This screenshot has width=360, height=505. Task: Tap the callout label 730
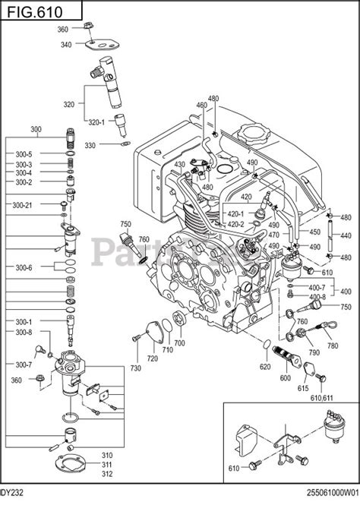(135, 368)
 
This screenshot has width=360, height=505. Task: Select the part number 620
(264, 367)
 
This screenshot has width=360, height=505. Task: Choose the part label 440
(346, 236)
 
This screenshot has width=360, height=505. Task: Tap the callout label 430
(179, 165)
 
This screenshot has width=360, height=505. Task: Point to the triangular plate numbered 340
(100, 43)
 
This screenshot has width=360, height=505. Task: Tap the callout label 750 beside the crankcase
(125, 223)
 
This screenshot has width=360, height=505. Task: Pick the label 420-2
(236, 224)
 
